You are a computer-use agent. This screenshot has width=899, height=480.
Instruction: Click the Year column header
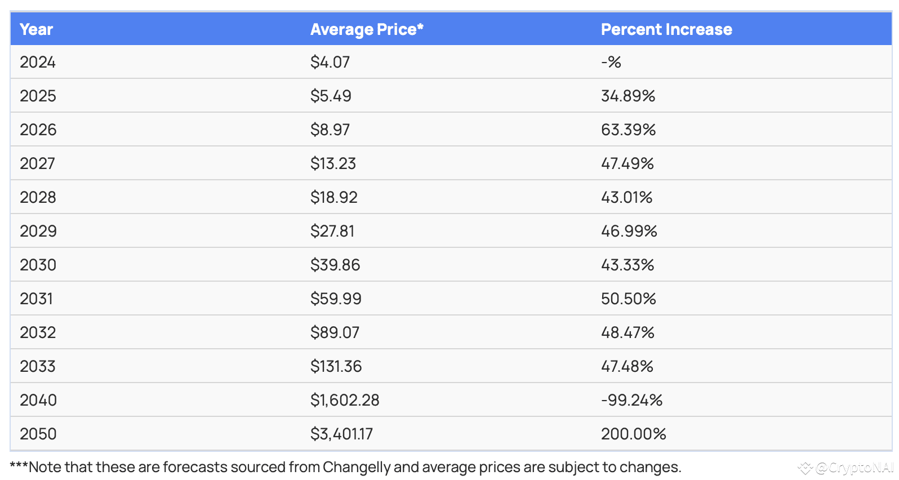[x=36, y=29]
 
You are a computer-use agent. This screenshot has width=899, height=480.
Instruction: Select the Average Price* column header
[x=367, y=29]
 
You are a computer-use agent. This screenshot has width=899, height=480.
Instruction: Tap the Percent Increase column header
[x=666, y=29]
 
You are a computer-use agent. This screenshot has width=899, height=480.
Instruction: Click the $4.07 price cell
[x=330, y=62]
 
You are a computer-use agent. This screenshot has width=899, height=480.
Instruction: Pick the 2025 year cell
[x=38, y=96]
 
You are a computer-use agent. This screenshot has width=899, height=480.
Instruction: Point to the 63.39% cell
[x=628, y=130]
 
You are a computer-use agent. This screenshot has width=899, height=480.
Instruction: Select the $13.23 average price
[x=333, y=163]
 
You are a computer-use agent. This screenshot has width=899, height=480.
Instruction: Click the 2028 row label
[x=38, y=197]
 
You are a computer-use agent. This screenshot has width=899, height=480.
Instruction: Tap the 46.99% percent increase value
[x=629, y=231]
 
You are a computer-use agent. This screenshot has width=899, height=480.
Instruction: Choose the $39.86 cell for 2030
[x=335, y=265]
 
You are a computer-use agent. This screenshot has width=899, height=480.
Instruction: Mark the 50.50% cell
[x=628, y=299]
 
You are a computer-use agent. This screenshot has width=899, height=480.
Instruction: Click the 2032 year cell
[x=38, y=332]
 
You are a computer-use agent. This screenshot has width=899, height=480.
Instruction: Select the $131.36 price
[x=336, y=366]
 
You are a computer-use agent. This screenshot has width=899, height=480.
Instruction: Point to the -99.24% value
[x=631, y=400]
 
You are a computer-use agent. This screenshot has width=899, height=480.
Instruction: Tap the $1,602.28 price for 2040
[x=345, y=400]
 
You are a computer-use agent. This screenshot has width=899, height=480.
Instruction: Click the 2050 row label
[x=38, y=434]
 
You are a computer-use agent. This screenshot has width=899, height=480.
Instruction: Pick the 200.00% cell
[x=633, y=434]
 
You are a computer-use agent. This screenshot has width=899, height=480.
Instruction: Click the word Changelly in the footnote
[x=357, y=467]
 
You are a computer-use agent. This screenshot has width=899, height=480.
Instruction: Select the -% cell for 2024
[x=611, y=62]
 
